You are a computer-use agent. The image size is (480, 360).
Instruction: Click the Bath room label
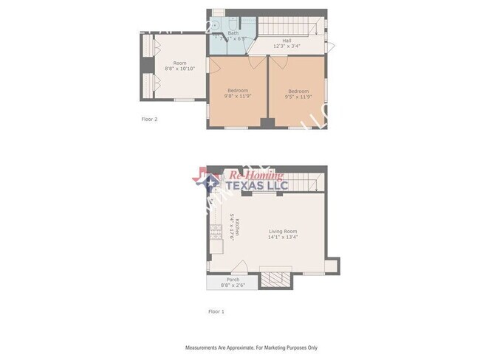(x=233, y=32)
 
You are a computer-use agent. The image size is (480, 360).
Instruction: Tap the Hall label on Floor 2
(x=287, y=41)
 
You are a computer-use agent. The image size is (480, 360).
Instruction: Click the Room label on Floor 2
(x=179, y=63)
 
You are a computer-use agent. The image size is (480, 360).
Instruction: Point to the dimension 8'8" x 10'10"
(x=179, y=69)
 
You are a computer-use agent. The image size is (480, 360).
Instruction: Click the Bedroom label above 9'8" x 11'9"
(x=237, y=90)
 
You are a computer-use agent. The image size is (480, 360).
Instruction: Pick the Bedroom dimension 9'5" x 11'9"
(x=298, y=96)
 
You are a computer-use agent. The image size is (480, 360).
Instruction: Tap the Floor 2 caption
(x=149, y=118)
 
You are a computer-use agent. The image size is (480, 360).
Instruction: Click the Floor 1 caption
(x=216, y=311)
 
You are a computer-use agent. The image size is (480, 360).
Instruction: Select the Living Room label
(x=287, y=231)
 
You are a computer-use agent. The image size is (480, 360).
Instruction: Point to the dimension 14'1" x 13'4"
(x=287, y=237)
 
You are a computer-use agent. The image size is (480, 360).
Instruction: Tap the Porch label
(x=233, y=280)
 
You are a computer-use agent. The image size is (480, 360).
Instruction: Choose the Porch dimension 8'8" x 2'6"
(x=233, y=285)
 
